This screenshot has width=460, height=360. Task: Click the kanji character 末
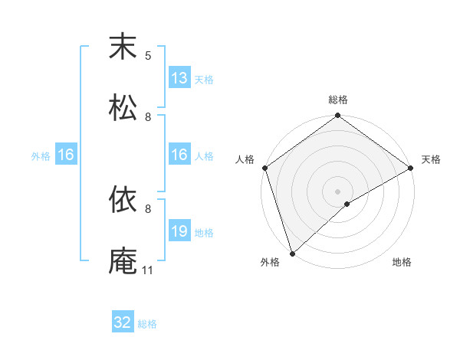[123, 47]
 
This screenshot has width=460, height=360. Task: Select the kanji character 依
[123, 200]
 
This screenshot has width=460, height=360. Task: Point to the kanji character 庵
[123, 261]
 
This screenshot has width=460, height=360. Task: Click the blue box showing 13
[179, 78]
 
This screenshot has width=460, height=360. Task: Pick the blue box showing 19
[179, 232]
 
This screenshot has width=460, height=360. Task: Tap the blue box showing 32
[123, 322]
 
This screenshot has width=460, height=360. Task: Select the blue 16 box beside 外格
[66, 155]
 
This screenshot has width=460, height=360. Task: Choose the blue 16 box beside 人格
[179, 155]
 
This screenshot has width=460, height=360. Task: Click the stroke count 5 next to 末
[148, 56]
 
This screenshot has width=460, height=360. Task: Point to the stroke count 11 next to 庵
[148, 270]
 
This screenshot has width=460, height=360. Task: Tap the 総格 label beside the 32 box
[147, 324]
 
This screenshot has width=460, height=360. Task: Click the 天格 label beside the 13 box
[204, 80]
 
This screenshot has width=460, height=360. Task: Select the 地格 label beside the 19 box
[204, 233]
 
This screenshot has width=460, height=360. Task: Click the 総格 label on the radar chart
[338, 100]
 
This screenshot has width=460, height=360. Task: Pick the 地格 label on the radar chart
[402, 263]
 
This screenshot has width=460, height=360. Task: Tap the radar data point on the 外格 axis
[292, 253]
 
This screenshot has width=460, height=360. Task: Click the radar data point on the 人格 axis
[264, 168]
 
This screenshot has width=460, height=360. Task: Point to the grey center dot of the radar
[337, 191]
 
